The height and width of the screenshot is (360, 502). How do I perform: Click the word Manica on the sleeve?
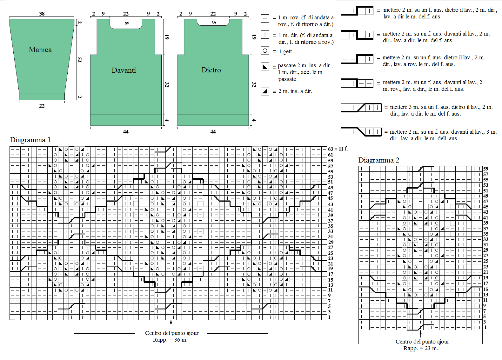coord(40,50)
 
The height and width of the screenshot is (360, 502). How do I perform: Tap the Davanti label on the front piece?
coord(124,70)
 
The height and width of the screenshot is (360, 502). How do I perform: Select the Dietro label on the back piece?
coord(211,70)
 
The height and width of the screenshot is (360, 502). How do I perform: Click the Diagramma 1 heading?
coord(30,140)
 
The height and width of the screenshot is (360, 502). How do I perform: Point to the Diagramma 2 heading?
coord(379,160)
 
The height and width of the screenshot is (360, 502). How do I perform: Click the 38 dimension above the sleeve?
coord(42,14)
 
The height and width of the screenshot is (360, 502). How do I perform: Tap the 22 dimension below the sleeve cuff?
coord(42,106)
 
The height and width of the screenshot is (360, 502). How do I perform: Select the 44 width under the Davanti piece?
coord(126,131)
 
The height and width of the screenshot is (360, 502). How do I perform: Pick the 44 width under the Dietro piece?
coord(213,131)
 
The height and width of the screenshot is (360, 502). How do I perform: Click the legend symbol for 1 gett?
coord(265,51)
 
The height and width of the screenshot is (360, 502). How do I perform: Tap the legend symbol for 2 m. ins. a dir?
coord(265,91)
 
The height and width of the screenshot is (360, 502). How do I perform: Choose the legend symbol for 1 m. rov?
coord(265,18)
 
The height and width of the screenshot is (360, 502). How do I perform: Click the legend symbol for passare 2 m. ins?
coord(265,67)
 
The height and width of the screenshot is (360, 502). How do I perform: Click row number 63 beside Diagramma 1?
coord(331,149)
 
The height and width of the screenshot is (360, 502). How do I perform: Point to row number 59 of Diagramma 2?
coord(485,169)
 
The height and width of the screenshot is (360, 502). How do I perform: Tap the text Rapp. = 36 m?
coord(170,340)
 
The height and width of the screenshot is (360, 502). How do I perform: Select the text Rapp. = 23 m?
coord(421,348)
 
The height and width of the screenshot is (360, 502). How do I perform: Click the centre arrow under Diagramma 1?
coord(171,323)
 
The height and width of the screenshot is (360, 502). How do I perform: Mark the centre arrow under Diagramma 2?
coord(420,334)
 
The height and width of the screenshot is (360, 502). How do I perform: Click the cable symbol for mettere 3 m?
coord(361,108)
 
